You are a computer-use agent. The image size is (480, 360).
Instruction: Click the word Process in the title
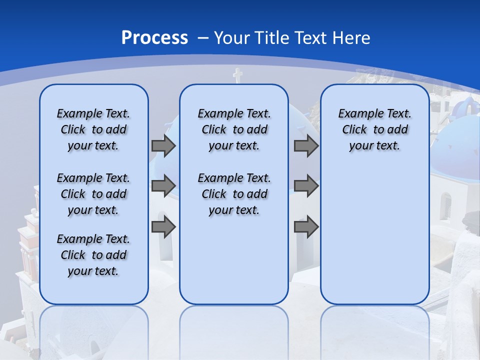tap(154, 38)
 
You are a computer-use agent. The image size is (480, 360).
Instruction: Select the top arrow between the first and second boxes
tap(163, 145)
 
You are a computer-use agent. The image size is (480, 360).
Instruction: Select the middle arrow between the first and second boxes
tap(163, 185)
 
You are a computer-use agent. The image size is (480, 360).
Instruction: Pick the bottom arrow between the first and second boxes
tap(163, 227)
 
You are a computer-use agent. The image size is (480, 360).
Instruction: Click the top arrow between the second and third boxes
tap(306, 145)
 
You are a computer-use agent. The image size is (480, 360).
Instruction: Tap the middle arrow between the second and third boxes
tap(306, 185)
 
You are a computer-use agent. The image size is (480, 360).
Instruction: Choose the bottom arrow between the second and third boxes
tap(306, 227)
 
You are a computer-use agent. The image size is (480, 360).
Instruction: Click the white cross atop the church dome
tap(237, 75)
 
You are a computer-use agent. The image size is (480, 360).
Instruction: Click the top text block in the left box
tap(93, 129)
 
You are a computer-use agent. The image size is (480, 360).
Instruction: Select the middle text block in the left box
tap(93, 194)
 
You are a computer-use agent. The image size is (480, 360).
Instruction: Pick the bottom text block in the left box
tap(93, 255)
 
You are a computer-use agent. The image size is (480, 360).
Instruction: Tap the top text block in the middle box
tap(234, 129)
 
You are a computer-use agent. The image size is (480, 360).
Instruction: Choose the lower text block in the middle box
tap(234, 194)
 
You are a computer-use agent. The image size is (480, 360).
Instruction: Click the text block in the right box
tap(374, 129)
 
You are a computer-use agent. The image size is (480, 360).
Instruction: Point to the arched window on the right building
tap(445, 205)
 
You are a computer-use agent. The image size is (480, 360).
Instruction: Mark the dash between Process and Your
tap(203, 38)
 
